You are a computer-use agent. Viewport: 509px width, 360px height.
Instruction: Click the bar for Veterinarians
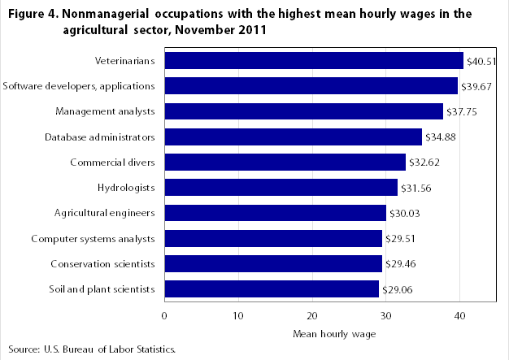(314, 61)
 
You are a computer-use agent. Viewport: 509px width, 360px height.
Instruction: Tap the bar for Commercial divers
(285, 162)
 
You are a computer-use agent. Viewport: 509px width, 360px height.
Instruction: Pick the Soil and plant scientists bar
(272, 288)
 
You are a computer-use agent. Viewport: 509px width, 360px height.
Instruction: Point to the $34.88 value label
(440, 137)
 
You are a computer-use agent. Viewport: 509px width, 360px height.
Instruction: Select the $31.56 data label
(415, 188)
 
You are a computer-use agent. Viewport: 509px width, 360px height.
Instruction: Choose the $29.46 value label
(400, 263)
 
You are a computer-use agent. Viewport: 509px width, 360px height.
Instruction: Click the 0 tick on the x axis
(165, 315)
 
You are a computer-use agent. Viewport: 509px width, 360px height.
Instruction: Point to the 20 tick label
(312, 315)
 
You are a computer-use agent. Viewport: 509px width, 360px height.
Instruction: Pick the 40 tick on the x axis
(459, 315)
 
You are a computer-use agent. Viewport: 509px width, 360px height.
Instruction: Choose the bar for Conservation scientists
(273, 263)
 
